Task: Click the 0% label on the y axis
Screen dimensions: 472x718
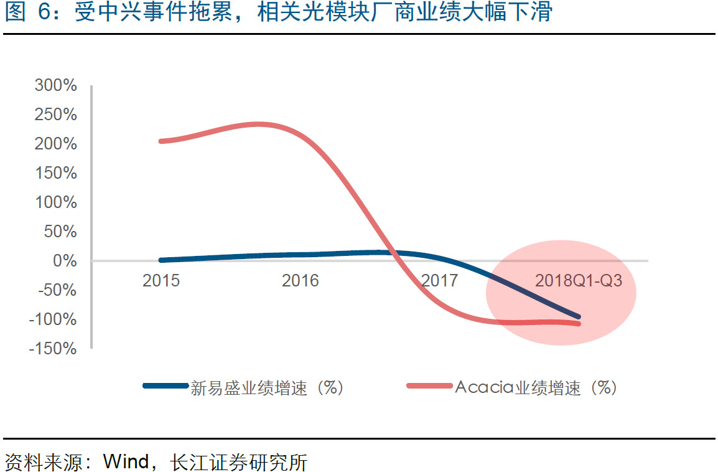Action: click(x=63, y=260)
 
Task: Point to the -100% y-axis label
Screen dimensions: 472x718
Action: click(x=54, y=319)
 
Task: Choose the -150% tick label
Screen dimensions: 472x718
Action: click(x=54, y=349)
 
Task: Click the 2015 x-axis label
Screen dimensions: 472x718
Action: click(x=161, y=281)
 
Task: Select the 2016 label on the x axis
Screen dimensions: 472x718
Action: click(x=300, y=281)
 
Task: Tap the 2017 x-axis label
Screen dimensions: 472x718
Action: click(x=439, y=281)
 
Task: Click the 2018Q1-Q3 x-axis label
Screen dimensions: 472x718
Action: click(x=578, y=281)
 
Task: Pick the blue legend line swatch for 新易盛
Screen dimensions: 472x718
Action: click(x=165, y=386)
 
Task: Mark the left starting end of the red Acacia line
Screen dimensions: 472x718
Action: click(x=161, y=141)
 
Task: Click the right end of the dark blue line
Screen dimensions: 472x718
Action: click(x=578, y=317)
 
